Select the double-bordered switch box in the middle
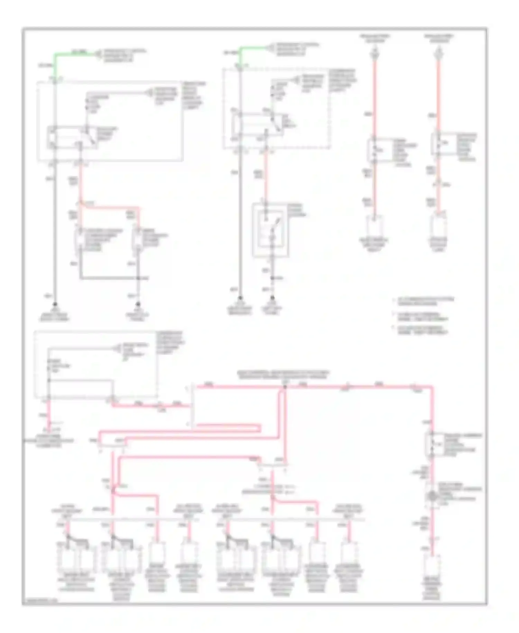(x=270, y=230)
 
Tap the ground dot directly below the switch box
(x=273, y=298)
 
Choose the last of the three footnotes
(x=420, y=330)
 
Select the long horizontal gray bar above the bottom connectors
(x=211, y=519)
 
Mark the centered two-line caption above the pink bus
(x=283, y=375)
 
